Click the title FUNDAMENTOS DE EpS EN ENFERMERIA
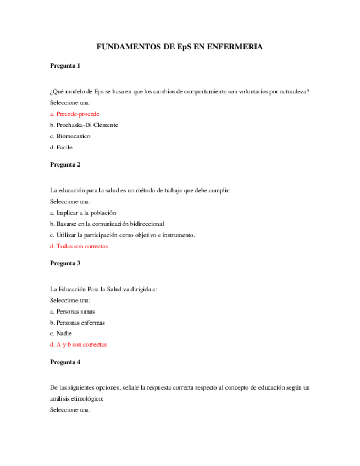pos(179,47)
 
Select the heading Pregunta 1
pos(65,66)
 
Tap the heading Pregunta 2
pos(65,164)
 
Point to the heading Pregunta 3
pos(65,263)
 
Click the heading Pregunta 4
pos(65,362)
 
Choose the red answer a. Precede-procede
pos(74,114)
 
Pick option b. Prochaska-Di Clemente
pos(84,125)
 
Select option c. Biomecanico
pos(70,136)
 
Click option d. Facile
pos(61,147)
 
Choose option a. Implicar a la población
pos(82,213)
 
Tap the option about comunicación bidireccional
pos(107,224)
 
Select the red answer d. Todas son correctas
pos(79,246)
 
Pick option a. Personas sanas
pos(72,312)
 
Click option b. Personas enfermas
pos(77,323)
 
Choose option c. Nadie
pos(60,334)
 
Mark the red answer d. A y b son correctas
pos(78,345)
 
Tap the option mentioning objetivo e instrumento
pos(122,235)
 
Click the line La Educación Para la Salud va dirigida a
pos(103,289)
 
